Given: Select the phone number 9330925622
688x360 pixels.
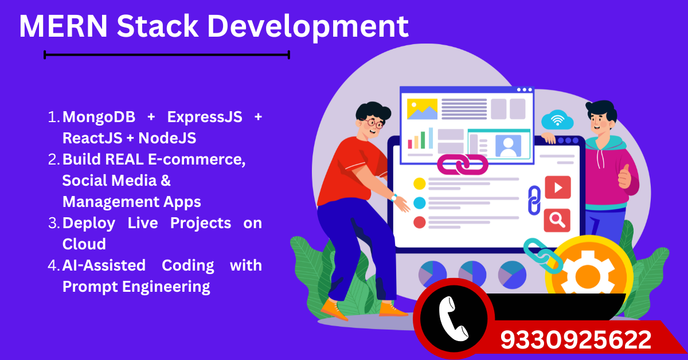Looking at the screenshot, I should pyautogui.click(x=576, y=340).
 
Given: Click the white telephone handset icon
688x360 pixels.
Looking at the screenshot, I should pyautogui.click(x=454, y=319).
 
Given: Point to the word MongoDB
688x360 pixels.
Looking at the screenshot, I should pyautogui.click(x=99, y=117).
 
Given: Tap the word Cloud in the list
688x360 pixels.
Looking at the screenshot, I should pyautogui.click(x=84, y=244).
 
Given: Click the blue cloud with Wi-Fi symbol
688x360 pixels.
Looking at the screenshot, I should pyautogui.click(x=557, y=120).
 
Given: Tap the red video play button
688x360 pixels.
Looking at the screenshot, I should pyautogui.click(x=557, y=187).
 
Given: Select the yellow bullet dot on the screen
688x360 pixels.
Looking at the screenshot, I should pyautogui.click(x=420, y=183).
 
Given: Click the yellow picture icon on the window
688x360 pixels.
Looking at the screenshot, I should pyautogui.click(x=422, y=109).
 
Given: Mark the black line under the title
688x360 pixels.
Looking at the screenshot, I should pyautogui.click(x=167, y=55).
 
